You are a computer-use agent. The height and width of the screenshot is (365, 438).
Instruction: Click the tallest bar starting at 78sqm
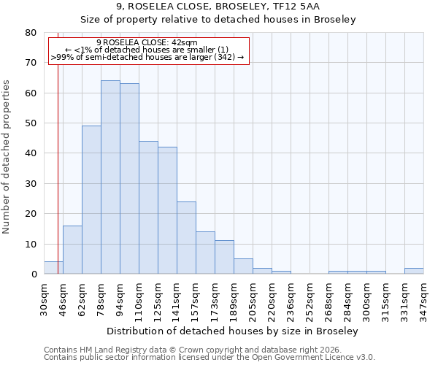(x=110, y=177)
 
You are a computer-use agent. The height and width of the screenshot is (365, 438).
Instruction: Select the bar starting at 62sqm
(x=91, y=200)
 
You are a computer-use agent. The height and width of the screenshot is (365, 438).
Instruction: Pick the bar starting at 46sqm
(x=72, y=250)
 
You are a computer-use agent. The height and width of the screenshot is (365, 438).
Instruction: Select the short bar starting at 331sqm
(x=414, y=271)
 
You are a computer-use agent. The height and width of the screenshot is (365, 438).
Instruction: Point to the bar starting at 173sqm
(x=224, y=257)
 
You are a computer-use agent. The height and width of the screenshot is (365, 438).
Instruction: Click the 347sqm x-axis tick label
(x=424, y=299)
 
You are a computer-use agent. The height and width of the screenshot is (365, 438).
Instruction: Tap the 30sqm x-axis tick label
(x=45, y=299)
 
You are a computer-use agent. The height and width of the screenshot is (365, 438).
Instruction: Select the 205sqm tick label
(x=253, y=299)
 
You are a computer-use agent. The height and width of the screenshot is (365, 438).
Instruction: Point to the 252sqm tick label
(x=310, y=299)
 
